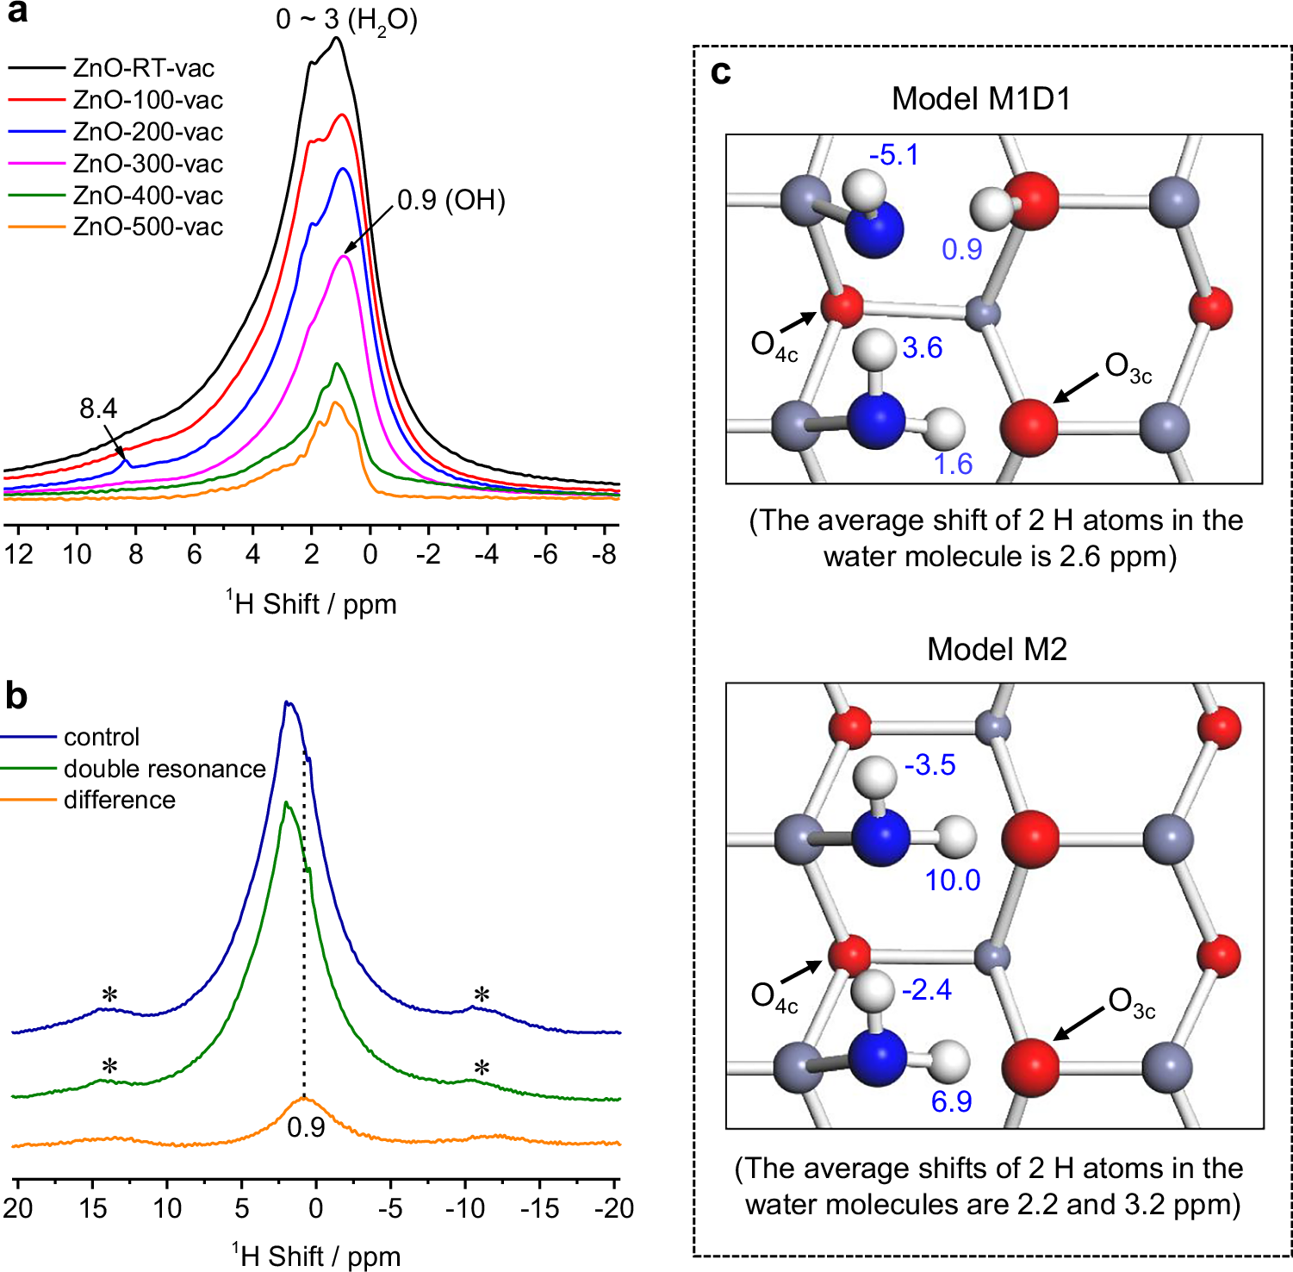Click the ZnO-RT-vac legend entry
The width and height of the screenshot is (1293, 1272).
[x=143, y=68]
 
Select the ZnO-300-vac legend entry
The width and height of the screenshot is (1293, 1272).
[x=147, y=164]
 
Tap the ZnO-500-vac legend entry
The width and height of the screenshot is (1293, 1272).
[x=147, y=228]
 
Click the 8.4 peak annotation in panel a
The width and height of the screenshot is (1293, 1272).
[x=98, y=408]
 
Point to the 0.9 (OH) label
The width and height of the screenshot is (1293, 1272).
[x=451, y=201]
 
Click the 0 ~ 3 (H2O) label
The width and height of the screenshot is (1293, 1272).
[x=346, y=19]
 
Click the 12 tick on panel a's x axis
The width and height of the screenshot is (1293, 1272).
[x=19, y=554]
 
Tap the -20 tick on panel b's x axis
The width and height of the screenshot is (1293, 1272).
[x=613, y=1208]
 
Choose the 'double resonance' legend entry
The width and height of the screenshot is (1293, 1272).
[x=164, y=769]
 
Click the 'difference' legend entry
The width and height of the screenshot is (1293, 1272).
[x=119, y=801]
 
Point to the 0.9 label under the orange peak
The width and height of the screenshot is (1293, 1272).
[x=306, y=1127]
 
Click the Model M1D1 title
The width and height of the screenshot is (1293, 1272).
[x=981, y=99]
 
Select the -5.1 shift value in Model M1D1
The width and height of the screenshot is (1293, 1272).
[x=893, y=155]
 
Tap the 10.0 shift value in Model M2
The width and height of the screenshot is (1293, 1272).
[x=952, y=880]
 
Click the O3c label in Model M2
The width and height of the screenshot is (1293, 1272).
[x=1131, y=1003]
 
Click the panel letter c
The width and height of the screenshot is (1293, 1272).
[x=720, y=73]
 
